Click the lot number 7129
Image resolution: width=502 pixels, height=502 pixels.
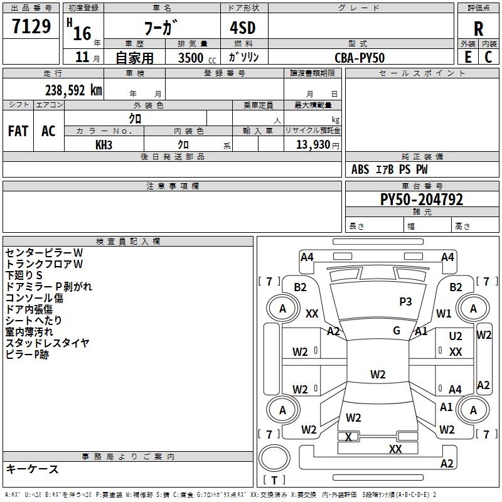tap(31, 26)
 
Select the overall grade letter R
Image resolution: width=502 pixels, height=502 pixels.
tap(478, 29)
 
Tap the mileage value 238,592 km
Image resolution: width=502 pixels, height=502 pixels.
tap(73, 90)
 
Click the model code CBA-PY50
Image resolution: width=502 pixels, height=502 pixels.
tap(360, 58)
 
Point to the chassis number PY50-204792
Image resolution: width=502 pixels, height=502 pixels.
tap(422, 200)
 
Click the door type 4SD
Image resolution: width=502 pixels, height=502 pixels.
tap(243, 28)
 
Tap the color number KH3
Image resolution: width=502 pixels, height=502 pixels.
tap(104, 145)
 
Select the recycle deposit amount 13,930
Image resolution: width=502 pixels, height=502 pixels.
tap(312, 144)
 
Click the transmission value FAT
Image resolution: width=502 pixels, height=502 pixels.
tap(18, 131)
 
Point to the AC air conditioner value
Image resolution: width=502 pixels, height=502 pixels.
tap(48, 131)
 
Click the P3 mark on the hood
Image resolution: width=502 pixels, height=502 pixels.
tap(405, 301)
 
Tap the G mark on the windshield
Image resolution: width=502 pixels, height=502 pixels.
tap(397, 330)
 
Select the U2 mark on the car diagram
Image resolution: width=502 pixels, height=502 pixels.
tap(456, 336)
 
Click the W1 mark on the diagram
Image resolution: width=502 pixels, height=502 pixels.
tap(444, 313)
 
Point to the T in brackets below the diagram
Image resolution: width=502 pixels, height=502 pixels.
tap(274, 480)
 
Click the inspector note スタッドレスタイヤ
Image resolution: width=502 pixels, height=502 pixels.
tap(48, 343)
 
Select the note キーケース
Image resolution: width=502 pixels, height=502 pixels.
tap(33, 469)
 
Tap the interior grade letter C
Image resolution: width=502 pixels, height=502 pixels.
tap(488, 57)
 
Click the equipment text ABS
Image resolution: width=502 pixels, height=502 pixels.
tap(360, 169)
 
